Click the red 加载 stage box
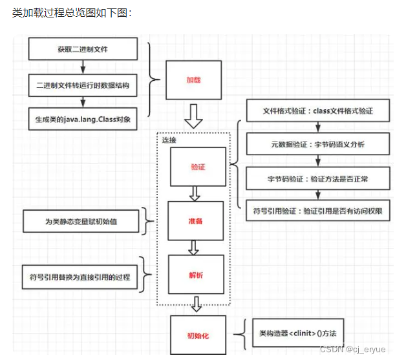(193, 80)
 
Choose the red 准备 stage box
(195, 221)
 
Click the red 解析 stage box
(195, 275)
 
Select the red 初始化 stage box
(198, 335)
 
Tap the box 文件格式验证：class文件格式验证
(318, 111)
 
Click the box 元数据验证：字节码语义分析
(318, 143)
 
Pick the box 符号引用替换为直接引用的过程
(78, 277)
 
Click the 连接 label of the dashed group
(169, 140)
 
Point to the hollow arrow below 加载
(193, 116)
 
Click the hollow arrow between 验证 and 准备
(194, 193)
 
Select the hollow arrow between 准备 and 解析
(193, 248)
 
